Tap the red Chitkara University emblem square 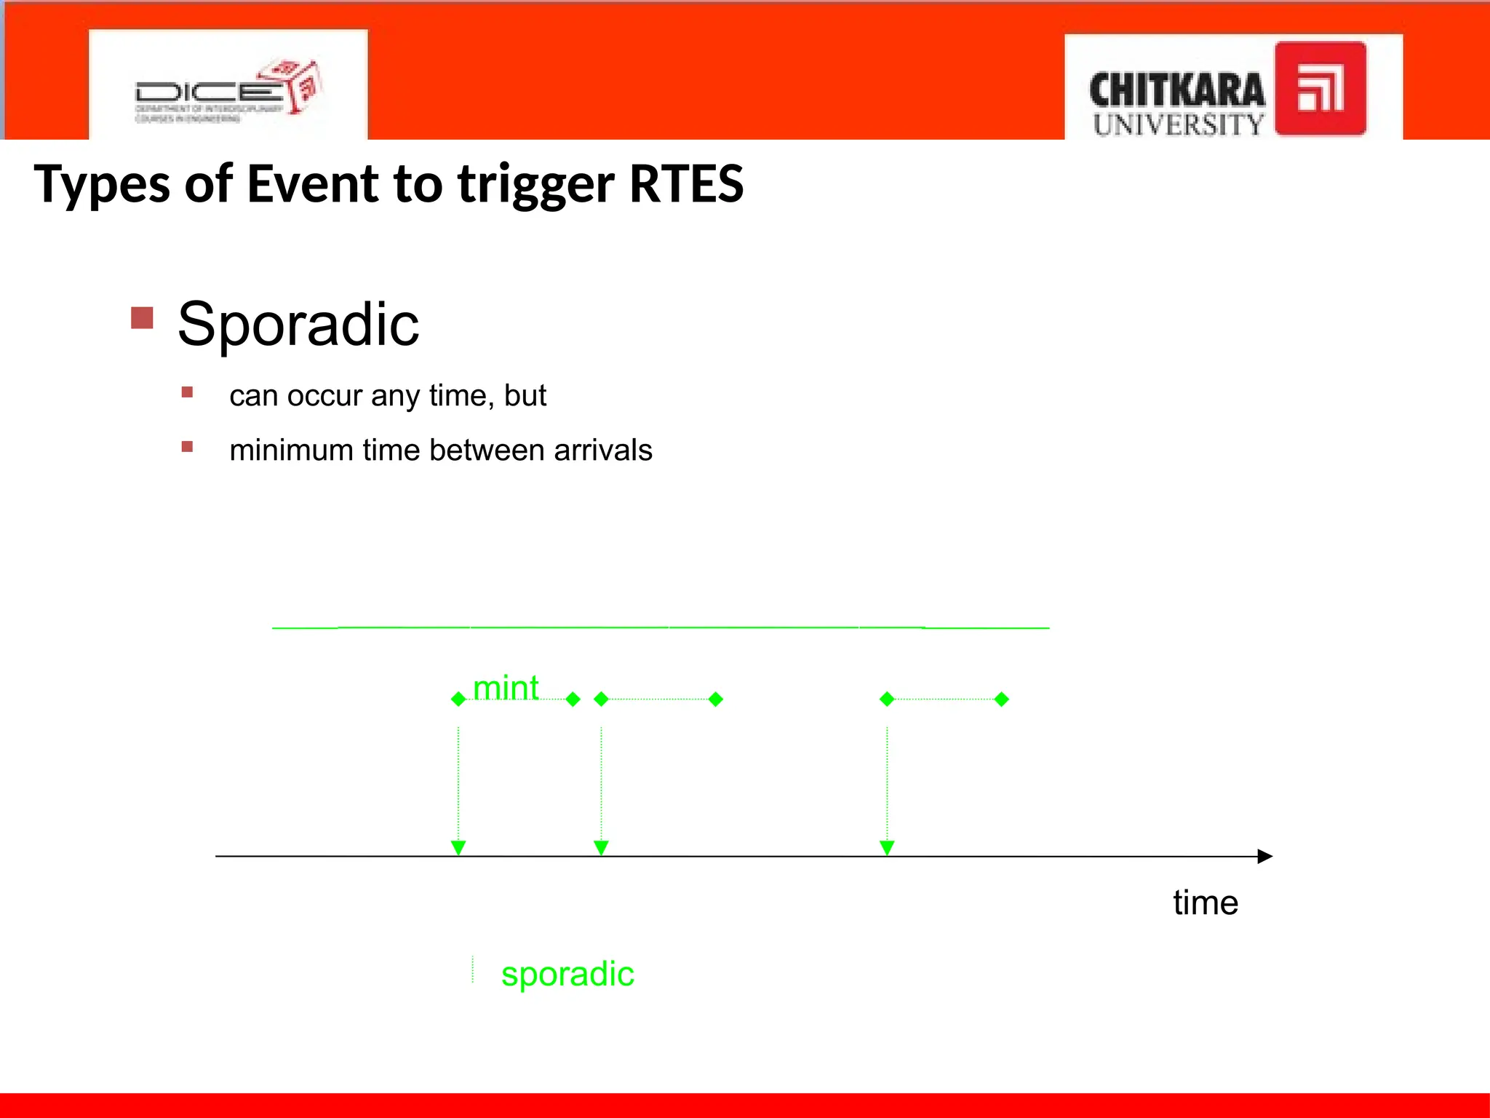[1320, 89]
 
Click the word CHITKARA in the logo [1176, 91]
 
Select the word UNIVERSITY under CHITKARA [1178, 124]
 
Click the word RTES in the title [685, 183]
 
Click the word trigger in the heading [535, 185]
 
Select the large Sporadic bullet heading [298, 324]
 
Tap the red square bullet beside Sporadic [143, 318]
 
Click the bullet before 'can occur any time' [188, 392]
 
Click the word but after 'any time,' [525, 395]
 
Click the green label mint [506, 688]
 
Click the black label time [1205, 903]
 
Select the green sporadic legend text [567, 974]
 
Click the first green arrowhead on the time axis [458, 847]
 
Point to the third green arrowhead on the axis [887, 847]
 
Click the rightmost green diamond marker [1001, 699]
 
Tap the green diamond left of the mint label [458, 699]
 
